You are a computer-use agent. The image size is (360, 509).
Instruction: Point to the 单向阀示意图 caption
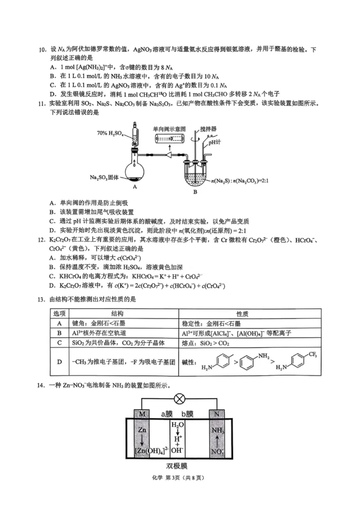[169, 128]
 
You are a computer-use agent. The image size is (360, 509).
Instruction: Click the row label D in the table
[59, 361]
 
